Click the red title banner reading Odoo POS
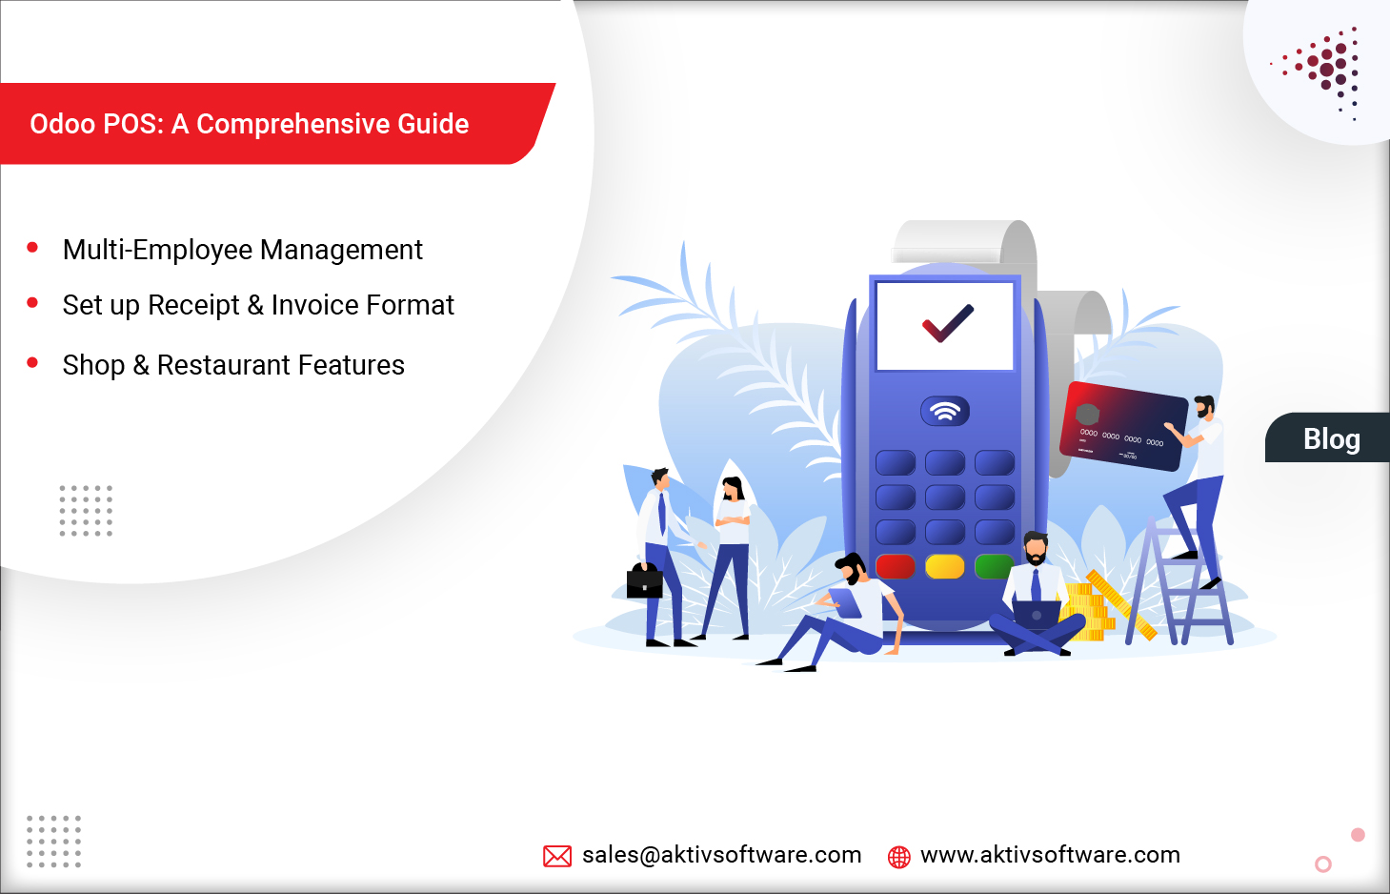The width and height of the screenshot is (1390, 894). [x=250, y=124]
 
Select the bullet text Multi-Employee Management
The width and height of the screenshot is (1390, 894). [x=242, y=250]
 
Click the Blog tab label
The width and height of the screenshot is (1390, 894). [x=1331, y=439]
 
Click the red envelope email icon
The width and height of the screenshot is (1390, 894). [x=557, y=856]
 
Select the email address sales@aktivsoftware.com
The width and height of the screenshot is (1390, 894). [x=721, y=855]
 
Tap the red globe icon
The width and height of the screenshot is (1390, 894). [x=898, y=857]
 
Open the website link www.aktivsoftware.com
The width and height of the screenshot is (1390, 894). [x=1050, y=855]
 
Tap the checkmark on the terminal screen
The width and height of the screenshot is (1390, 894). [x=947, y=324]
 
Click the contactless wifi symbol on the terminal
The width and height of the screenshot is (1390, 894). [x=945, y=411]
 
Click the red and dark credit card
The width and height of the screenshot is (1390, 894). [x=1123, y=426]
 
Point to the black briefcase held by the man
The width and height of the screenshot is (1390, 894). [x=644, y=580]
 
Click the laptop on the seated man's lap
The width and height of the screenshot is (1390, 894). [x=1037, y=613]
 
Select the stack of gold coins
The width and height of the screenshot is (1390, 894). [x=1088, y=610]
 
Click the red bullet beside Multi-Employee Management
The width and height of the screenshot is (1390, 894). [x=32, y=248]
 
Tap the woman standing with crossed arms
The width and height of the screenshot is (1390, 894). [x=732, y=553]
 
